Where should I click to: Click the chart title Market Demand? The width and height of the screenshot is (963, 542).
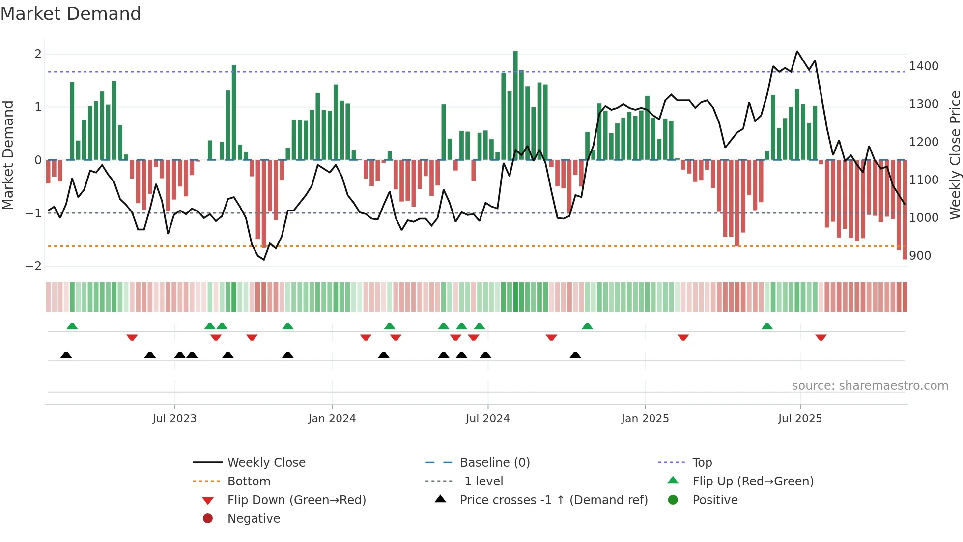click(71, 14)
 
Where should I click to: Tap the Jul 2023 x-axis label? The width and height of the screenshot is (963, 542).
click(174, 419)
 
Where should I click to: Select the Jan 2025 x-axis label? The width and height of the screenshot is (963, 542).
click(645, 419)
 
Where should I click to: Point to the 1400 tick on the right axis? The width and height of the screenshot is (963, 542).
click(924, 66)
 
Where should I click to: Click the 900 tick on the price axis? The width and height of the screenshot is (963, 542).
click(920, 256)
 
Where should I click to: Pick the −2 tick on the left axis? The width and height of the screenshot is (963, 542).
click(34, 266)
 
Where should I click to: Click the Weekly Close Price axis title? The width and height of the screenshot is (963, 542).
click(955, 155)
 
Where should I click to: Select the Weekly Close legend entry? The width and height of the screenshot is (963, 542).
click(266, 463)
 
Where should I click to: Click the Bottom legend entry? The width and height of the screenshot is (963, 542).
click(249, 482)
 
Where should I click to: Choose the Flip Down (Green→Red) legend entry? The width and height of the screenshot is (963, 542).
click(296, 500)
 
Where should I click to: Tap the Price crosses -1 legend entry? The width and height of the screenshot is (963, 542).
click(553, 500)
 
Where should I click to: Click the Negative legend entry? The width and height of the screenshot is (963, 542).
click(254, 519)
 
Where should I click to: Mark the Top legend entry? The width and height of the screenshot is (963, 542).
click(702, 463)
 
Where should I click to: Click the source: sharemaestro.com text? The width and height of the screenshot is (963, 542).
click(870, 386)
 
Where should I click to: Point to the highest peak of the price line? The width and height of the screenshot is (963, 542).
click(797, 51)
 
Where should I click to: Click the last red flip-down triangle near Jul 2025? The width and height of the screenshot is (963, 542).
click(821, 337)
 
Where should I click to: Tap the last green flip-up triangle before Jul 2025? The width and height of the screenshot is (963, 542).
click(767, 326)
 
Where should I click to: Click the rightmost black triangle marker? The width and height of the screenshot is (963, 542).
click(575, 355)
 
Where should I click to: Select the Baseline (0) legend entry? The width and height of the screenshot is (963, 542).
click(494, 463)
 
